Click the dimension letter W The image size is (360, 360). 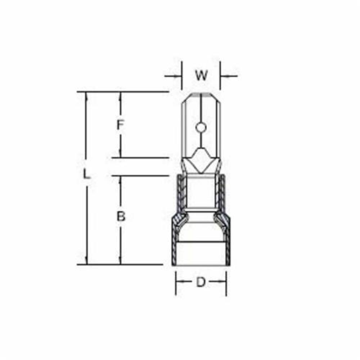coord(201,76)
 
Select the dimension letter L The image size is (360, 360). coord(86,175)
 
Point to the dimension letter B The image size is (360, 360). coord(121,216)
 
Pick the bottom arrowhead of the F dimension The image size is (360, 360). coord(121,154)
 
